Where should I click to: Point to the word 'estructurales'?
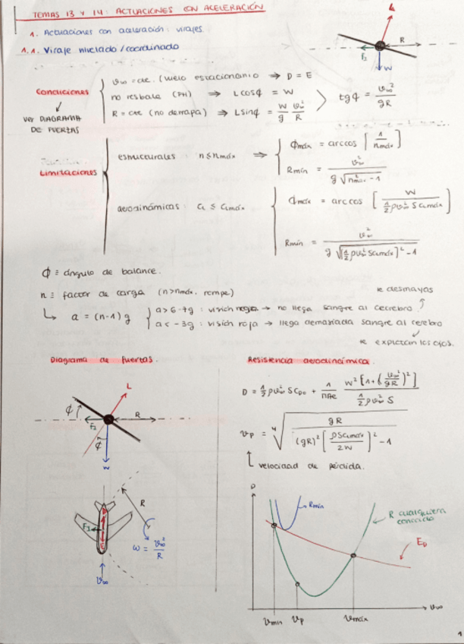(147, 156)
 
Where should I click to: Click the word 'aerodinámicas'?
(149, 206)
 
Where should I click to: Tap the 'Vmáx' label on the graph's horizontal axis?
(353, 618)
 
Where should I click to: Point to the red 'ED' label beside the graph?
(422, 542)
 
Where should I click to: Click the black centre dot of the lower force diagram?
(108, 418)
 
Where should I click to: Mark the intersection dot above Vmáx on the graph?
(353, 557)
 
